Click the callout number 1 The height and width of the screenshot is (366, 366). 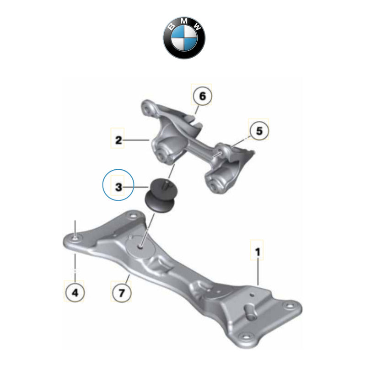pyautogui.click(x=258, y=251)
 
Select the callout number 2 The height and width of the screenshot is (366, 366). pyautogui.click(x=119, y=140)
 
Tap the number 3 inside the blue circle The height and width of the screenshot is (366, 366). pyautogui.click(x=118, y=187)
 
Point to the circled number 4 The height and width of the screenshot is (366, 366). pyautogui.click(x=75, y=292)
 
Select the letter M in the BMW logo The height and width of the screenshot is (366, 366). pyautogui.click(x=184, y=22)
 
